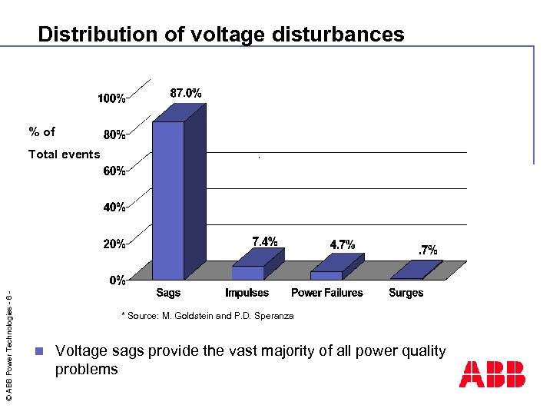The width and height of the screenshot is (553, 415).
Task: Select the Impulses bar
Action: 247,272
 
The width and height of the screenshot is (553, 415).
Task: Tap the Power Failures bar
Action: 326,274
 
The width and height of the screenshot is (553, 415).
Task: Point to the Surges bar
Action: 407,277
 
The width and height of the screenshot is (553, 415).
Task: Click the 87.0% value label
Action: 186,93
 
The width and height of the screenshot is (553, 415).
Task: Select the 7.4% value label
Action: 265,241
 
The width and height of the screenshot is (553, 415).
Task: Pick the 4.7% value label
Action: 343,244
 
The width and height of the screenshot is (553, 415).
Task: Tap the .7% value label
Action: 427,250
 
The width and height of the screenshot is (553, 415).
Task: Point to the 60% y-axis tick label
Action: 114,171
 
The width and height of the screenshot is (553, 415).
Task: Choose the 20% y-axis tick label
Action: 114,244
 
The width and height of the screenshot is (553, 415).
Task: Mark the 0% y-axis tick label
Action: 117,281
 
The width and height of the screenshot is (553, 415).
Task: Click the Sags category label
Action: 168,293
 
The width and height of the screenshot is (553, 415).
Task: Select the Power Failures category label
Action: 327,293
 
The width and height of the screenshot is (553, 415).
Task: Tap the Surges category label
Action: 406,293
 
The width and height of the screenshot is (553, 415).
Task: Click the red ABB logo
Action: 492,374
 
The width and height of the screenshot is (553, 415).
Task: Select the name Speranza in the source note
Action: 273,316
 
